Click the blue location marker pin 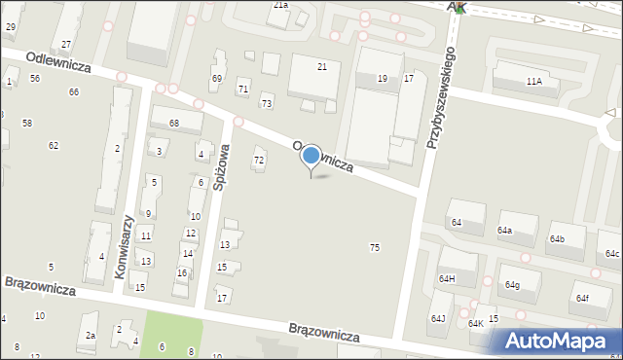311,157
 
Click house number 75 375,248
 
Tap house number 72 259,160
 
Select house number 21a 280,5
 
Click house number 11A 533,82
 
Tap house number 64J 438,318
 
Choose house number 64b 556,238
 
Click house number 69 217,78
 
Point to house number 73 267,103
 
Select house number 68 173,123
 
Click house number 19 383,78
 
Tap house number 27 66,45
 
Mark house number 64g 511,285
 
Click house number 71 243,90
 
